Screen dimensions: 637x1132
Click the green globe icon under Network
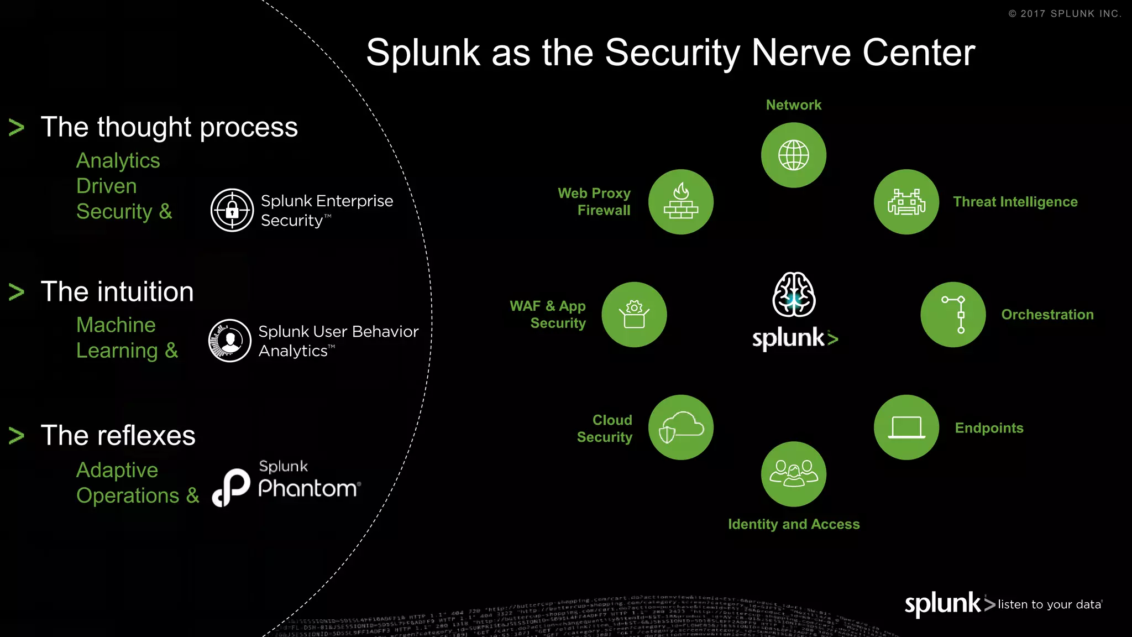coord(793,155)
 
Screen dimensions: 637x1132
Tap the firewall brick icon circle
coord(680,202)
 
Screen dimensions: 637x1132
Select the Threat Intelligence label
coord(1015,202)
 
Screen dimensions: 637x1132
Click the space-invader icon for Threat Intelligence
coord(906,202)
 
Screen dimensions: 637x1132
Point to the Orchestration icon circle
coord(953,315)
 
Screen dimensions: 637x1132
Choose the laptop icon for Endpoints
coord(906,427)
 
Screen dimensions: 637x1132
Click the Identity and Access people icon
coord(793,474)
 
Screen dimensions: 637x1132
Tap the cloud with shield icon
coord(680,427)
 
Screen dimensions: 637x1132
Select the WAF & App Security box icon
coord(634,315)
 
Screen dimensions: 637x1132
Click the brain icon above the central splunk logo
coord(794,294)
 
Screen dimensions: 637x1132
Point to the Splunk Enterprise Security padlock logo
coord(232,210)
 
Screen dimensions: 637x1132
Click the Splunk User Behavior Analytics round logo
coord(230,341)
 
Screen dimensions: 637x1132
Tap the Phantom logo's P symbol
coord(232,487)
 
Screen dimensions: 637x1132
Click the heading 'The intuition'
coord(117,291)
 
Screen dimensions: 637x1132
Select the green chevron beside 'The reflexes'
coord(17,436)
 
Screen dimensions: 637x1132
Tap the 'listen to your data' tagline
coord(1049,604)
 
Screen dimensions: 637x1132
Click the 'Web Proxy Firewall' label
coord(594,202)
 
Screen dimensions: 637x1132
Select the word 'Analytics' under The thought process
coord(118,160)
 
